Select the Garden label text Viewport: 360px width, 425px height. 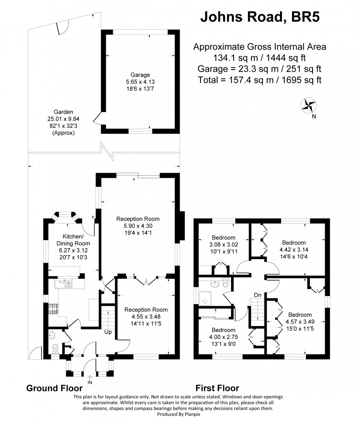[64, 112]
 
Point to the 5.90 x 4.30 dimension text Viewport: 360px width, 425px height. [138, 226]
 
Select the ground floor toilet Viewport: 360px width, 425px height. [55, 347]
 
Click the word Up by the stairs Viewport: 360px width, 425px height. [108, 332]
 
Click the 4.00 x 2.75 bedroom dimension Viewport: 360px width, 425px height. [223, 337]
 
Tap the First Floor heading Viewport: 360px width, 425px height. [217, 388]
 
